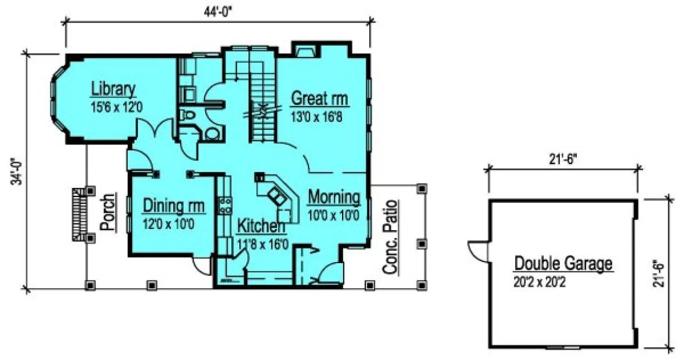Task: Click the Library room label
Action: tap(113, 89)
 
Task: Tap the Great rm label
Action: tap(320, 97)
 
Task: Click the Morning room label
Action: tap(333, 198)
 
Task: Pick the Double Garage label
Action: tap(563, 264)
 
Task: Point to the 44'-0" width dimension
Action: tap(219, 10)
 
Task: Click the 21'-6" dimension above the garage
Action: tap(563, 158)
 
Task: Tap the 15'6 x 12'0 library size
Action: tap(113, 107)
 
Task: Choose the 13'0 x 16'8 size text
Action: tap(320, 115)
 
